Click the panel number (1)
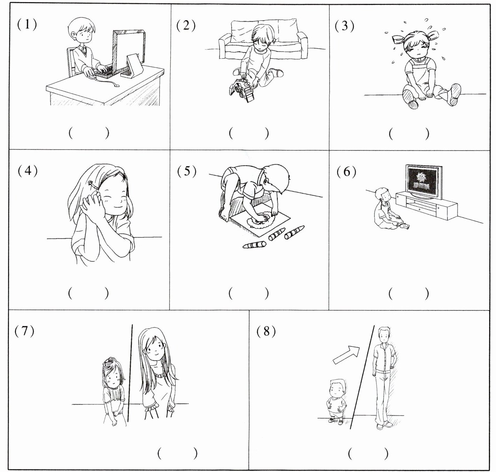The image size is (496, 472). [27, 24]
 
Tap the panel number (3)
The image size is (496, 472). [344, 25]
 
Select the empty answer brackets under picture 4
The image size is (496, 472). [89, 293]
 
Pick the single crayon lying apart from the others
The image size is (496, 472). [255, 245]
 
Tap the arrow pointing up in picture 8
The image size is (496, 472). [346, 355]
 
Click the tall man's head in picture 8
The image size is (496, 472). [384, 334]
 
